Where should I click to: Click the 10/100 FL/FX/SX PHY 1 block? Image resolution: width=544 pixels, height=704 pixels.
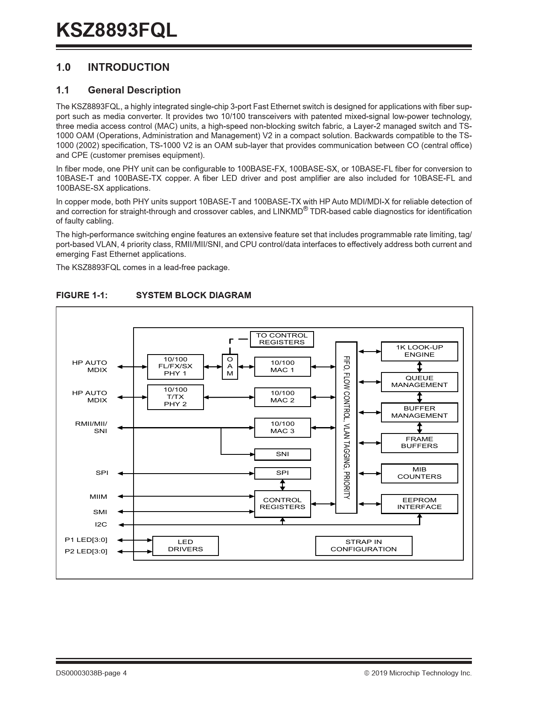click(175, 367)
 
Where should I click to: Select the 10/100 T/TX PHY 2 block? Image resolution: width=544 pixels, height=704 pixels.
click(175, 397)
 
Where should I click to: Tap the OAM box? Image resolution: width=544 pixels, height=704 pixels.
click(230, 367)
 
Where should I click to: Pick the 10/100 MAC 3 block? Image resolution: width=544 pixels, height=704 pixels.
click(282, 428)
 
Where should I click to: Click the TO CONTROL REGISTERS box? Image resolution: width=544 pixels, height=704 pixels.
click(282, 339)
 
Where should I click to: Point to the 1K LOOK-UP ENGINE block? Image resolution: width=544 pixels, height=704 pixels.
click(419, 351)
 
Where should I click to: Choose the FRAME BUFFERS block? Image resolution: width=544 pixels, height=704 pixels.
click(419, 443)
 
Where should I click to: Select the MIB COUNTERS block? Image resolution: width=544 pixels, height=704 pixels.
click(419, 473)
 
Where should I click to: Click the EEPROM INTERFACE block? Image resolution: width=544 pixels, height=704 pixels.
click(419, 504)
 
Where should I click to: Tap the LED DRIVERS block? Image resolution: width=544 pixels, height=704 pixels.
click(186, 546)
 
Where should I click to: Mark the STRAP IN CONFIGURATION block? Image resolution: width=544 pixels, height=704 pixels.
click(364, 546)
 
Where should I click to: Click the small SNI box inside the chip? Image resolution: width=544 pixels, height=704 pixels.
click(282, 454)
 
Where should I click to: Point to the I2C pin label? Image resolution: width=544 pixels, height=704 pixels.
click(101, 524)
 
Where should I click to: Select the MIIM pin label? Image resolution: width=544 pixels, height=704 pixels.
click(99, 497)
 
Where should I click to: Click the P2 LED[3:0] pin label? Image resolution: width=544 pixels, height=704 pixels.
click(86, 551)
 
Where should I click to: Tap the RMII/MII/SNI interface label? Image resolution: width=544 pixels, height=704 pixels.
click(91, 428)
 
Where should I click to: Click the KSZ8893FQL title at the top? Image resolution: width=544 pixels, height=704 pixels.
click(116, 31)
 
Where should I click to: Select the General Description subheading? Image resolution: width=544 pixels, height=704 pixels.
click(134, 90)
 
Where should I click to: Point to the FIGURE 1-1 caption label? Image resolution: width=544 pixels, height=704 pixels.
click(82, 295)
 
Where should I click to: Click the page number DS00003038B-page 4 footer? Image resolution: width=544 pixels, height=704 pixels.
click(91, 673)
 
